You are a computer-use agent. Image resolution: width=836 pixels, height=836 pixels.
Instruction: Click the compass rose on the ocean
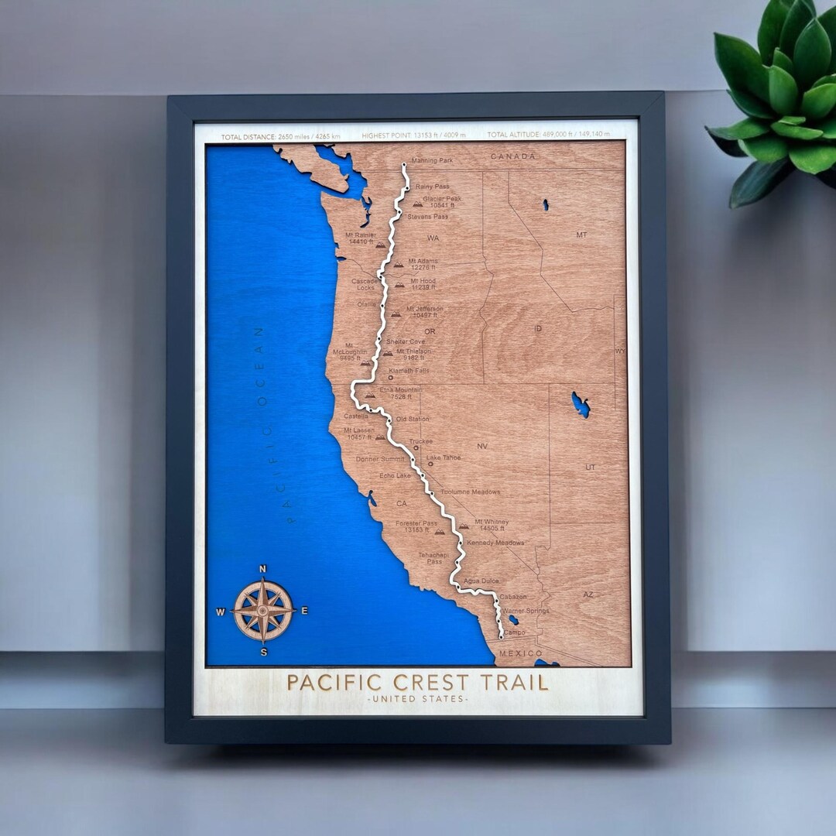point(263,611)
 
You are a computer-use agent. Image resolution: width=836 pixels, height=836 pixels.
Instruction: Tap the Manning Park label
point(432,161)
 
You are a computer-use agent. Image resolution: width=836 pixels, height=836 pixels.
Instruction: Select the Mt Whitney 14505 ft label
point(492,525)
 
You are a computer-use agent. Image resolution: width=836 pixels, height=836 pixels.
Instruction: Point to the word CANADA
point(512,156)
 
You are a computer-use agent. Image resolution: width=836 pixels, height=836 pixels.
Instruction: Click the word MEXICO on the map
point(521,654)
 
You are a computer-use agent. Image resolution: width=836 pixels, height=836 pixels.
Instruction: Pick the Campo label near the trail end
point(514,632)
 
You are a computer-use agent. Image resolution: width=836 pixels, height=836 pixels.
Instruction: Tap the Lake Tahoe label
point(444,457)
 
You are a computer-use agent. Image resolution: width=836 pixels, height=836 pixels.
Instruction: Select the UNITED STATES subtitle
point(417,700)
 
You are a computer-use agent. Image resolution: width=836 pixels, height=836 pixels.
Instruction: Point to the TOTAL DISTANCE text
point(280,136)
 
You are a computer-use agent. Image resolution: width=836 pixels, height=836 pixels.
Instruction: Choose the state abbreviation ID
point(538,329)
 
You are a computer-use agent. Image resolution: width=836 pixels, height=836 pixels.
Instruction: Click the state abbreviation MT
point(581,235)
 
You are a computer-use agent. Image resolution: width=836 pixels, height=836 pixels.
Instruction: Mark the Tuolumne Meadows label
point(471,492)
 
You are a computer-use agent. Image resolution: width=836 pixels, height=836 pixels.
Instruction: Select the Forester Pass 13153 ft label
point(416,526)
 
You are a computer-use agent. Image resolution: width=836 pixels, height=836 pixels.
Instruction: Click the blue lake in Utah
point(580,403)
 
